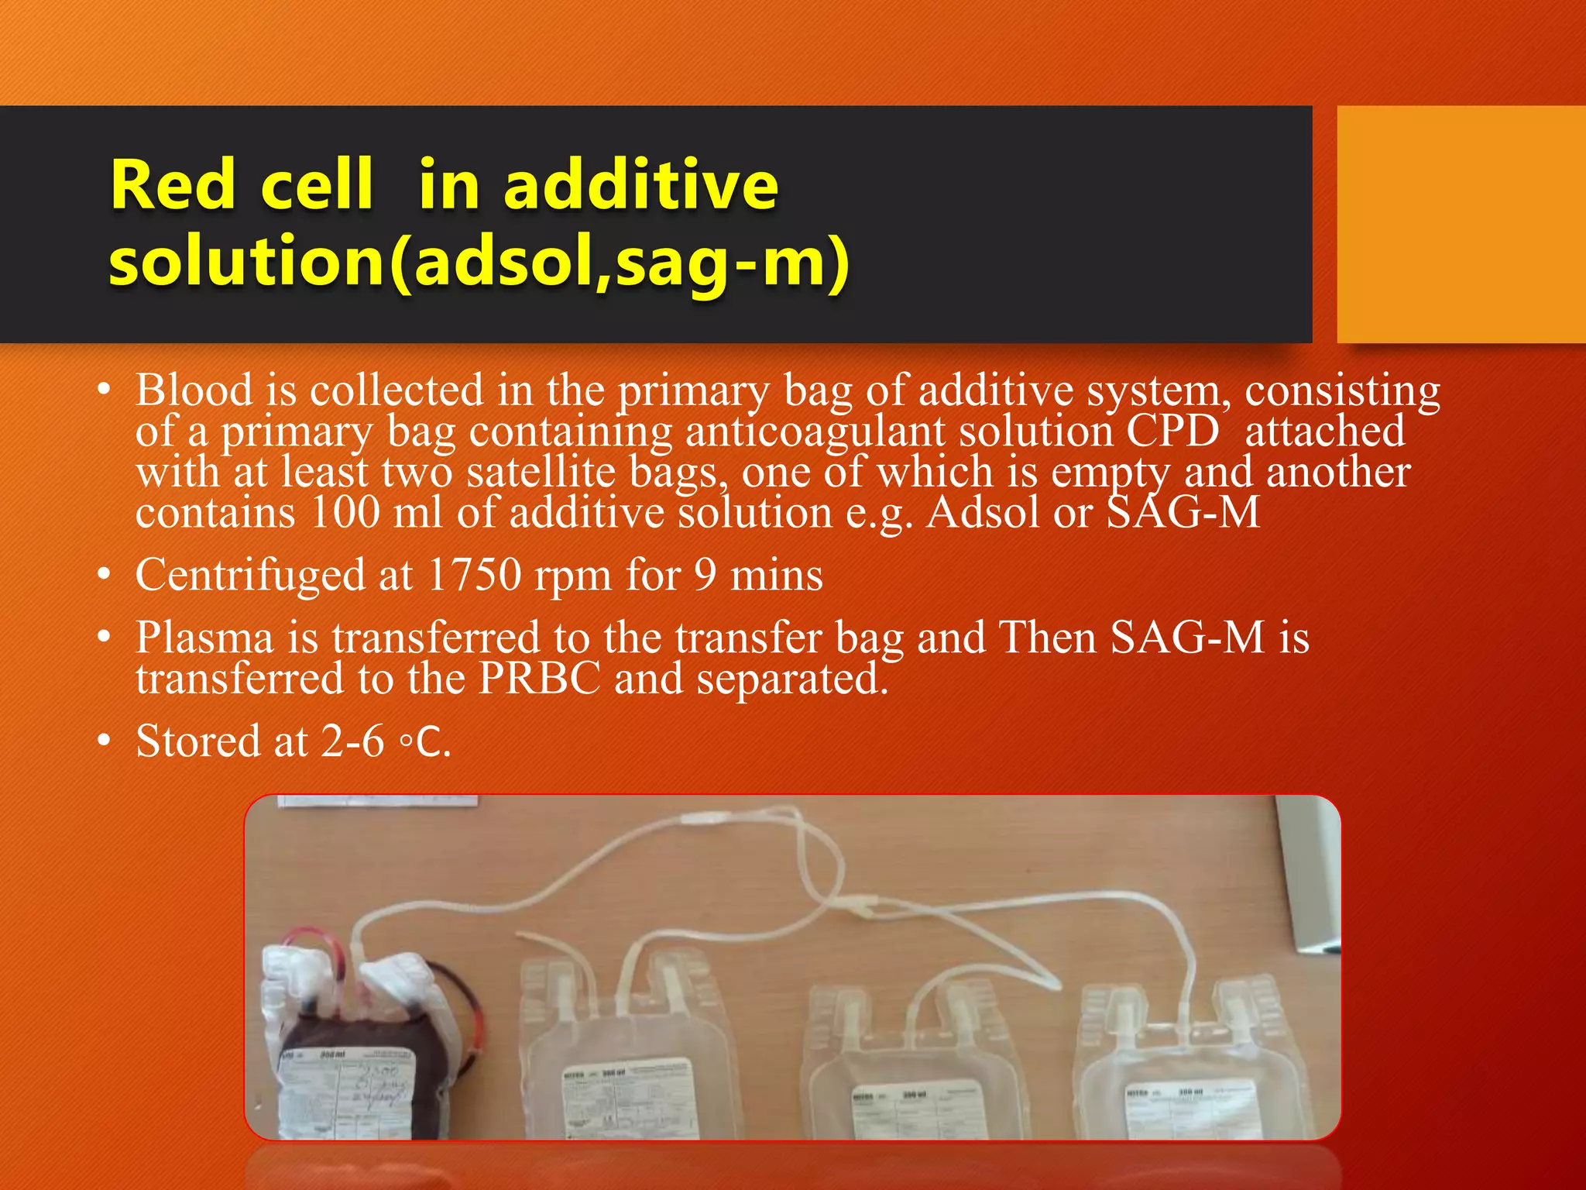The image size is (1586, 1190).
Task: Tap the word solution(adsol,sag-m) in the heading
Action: coord(479,261)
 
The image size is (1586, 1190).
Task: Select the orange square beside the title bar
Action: coord(1461,224)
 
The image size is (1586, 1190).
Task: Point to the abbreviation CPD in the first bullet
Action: coord(1172,431)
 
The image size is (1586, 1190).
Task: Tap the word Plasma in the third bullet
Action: coord(204,638)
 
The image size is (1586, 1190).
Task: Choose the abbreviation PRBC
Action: coord(539,679)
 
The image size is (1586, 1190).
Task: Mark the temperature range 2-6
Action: coord(352,741)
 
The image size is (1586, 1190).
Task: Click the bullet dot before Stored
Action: coord(104,741)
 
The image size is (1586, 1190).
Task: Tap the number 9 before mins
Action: coord(705,575)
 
